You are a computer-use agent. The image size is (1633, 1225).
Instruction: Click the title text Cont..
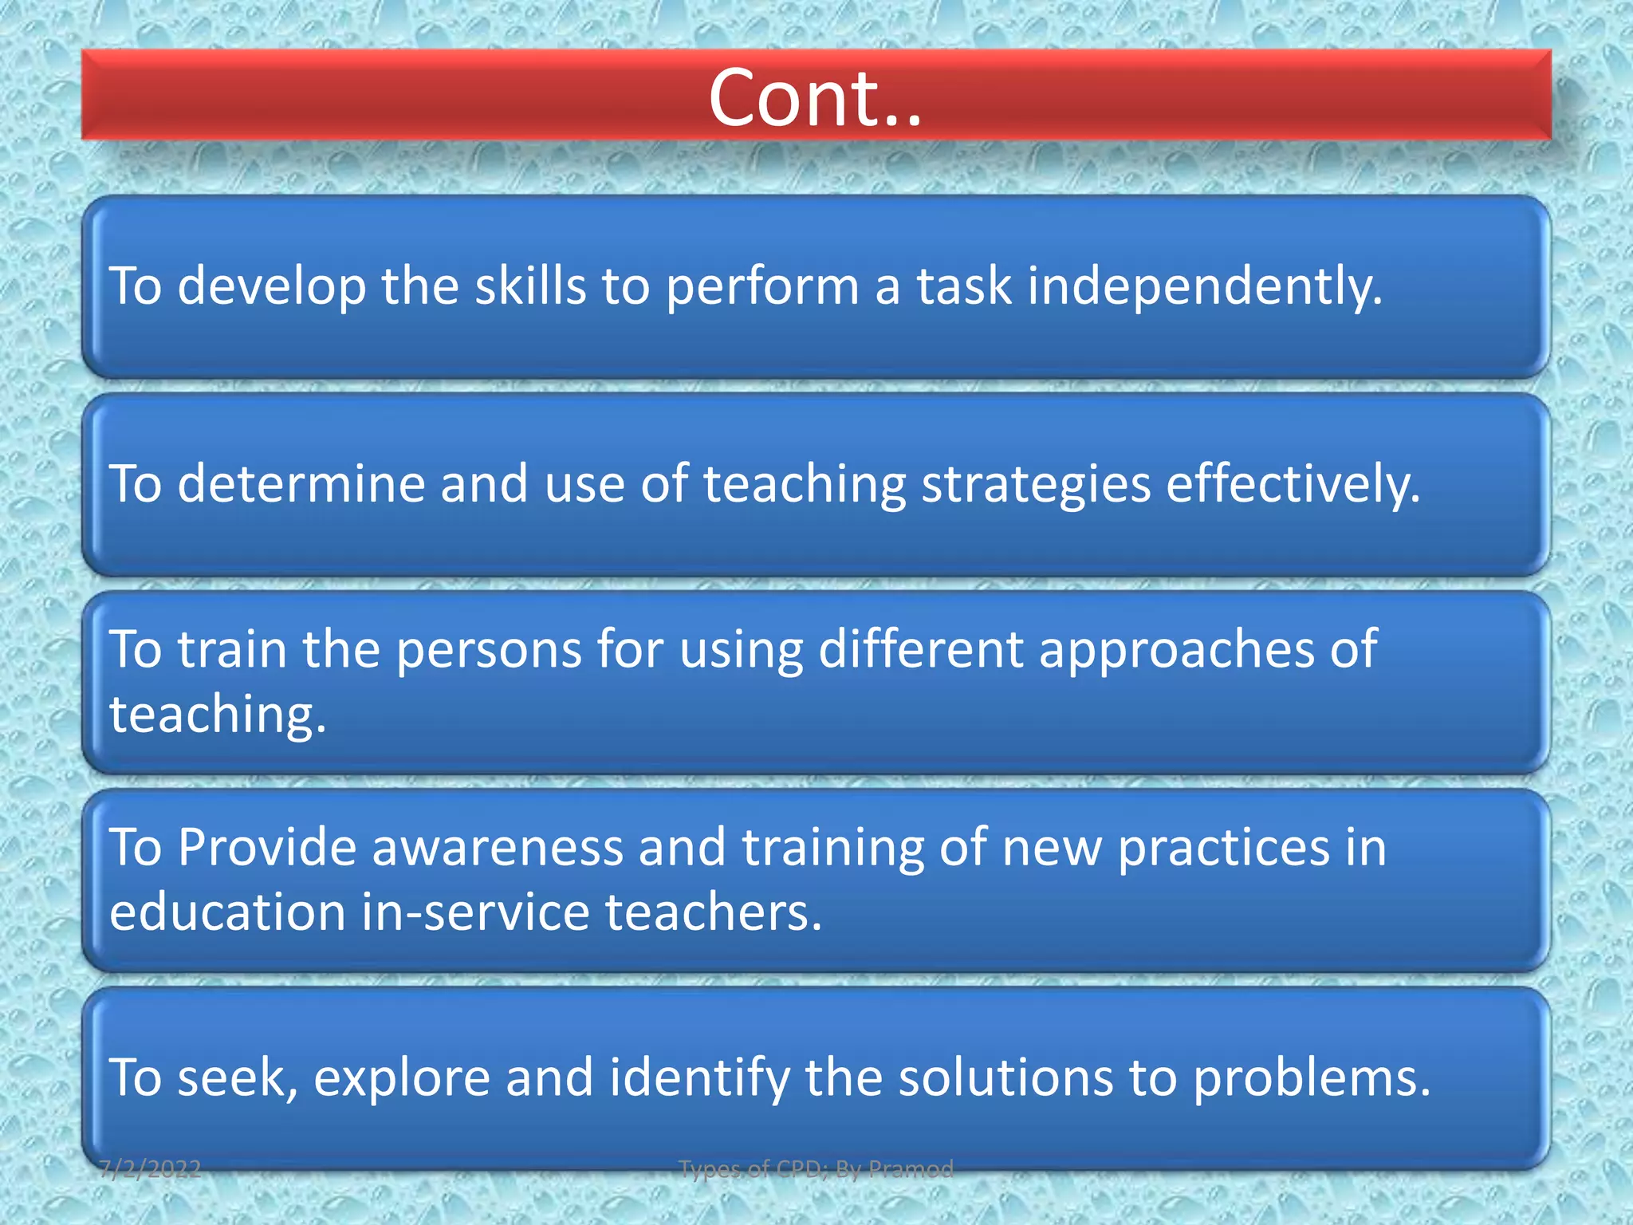point(815,98)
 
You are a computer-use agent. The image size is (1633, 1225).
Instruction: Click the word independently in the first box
point(1204,286)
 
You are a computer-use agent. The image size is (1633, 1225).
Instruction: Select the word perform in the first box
point(762,286)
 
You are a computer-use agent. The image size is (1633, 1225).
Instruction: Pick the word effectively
point(1293,485)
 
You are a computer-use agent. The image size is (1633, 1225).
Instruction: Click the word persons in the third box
point(489,649)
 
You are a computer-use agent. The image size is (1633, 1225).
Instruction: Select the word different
point(921,649)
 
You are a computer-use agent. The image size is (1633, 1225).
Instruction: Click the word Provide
point(266,847)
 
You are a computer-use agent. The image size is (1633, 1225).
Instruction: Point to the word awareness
point(497,847)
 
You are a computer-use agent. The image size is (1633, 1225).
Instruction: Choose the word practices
point(1223,847)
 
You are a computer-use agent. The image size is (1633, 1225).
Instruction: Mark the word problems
point(1311,1078)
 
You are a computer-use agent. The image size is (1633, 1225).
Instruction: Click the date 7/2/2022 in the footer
point(151,1169)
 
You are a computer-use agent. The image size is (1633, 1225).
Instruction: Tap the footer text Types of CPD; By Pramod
point(816,1169)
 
